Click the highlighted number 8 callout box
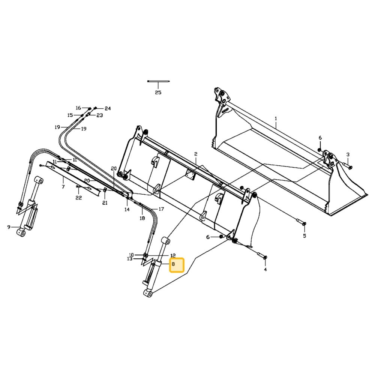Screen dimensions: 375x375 click(x=177, y=265)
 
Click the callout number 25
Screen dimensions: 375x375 click(x=158, y=93)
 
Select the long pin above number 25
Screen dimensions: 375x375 click(x=159, y=81)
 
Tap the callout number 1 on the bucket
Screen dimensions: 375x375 click(x=276, y=118)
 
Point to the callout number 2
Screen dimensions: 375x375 click(x=196, y=154)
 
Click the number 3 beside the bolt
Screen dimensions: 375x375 click(x=348, y=155)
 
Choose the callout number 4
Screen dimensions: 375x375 click(x=265, y=270)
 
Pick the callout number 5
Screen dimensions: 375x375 click(x=304, y=236)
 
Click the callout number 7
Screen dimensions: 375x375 click(x=63, y=187)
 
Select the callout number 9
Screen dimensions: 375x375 click(x=9, y=227)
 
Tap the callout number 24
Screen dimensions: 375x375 click(x=108, y=109)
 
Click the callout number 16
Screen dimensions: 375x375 click(x=78, y=108)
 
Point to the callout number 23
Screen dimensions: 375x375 click(x=100, y=115)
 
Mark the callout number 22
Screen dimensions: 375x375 click(x=79, y=198)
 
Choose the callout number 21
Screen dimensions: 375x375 click(x=105, y=203)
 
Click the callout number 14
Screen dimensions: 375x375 click(x=127, y=210)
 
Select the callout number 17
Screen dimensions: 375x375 click(x=161, y=209)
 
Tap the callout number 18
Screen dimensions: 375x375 click(x=142, y=218)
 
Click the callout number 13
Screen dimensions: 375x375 click(x=130, y=259)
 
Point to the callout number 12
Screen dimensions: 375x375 click(x=173, y=256)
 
